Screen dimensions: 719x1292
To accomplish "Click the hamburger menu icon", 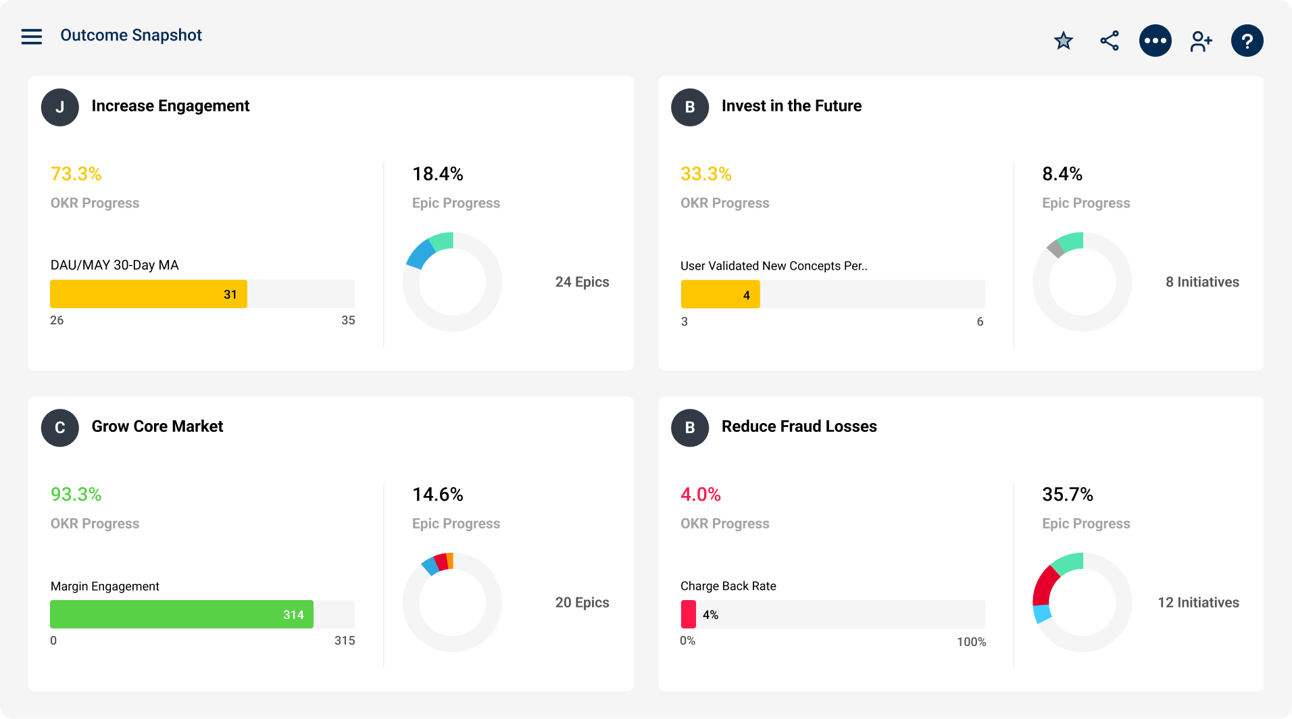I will tap(31, 36).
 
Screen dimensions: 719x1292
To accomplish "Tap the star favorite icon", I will tap(1064, 41).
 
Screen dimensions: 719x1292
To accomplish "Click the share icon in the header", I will tap(1110, 41).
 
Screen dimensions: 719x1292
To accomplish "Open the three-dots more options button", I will tap(1156, 41).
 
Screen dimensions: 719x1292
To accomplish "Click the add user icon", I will tap(1201, 41).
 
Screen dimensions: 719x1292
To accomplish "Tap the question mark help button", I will tap(1247, 41).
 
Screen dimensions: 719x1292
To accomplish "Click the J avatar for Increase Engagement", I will tap(60, 107).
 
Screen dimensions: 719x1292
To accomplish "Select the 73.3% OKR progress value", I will tap(76, 174).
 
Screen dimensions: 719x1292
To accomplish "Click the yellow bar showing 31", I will tap(149, 295).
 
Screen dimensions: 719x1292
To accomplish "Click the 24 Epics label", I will tap(582, 282).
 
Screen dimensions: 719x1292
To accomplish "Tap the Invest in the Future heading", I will tap(791, 106).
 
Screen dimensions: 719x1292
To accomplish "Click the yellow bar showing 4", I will tap(720, 295).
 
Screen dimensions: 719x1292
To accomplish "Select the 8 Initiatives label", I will tap(1202, 282).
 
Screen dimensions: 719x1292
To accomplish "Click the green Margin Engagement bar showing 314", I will tap(181, 615).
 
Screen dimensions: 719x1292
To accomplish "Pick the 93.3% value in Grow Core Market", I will tap(76, 495).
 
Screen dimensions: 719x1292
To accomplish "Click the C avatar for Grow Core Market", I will tap(60, 427).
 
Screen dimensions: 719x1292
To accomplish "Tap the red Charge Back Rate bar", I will tap(689, 614).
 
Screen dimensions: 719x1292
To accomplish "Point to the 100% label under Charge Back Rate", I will tap(971, 642).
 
